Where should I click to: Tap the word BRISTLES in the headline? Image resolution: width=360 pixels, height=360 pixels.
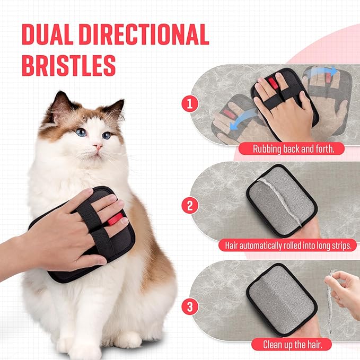[68, 65]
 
